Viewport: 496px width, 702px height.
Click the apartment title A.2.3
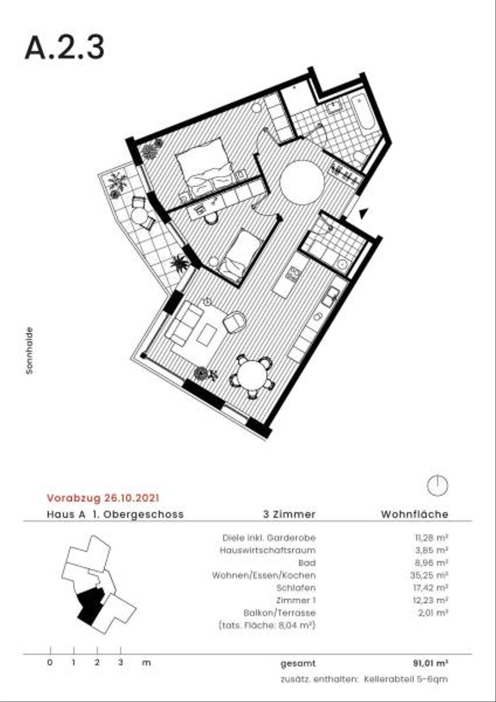pyautogui.click(x=64, y=48)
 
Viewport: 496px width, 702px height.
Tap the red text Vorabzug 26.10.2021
pyautogui.click(x=103, y=498)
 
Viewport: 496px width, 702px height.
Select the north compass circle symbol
pyautogui.click(x=437, y=485)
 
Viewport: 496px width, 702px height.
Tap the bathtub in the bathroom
pyautogui.click(x=363, y=115)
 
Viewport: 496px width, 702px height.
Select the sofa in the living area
pyautogui.click(x=184, y=323)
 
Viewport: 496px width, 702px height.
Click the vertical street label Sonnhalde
pyautogui.click(x=29, y=350)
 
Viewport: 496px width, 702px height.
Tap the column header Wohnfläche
pyautogui.click(x=415, y=514)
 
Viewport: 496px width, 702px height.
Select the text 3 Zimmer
pyautogui.click(x=289, y=514)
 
